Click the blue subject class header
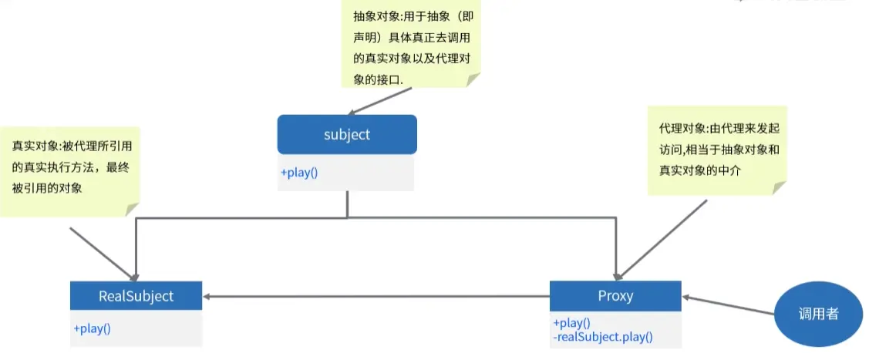pos(347,135)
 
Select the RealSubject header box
pos(136,296)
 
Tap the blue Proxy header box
pos(615,296)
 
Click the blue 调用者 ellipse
pos(818,315)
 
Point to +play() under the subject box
pos(299,173)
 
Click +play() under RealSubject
pos(93,328)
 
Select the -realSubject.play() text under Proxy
pos(603,336)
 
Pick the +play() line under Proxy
pos(571,323)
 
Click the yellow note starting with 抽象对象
pos(410,44)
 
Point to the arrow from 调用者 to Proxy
pos(729,306)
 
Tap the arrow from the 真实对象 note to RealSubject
pos(104,253)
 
